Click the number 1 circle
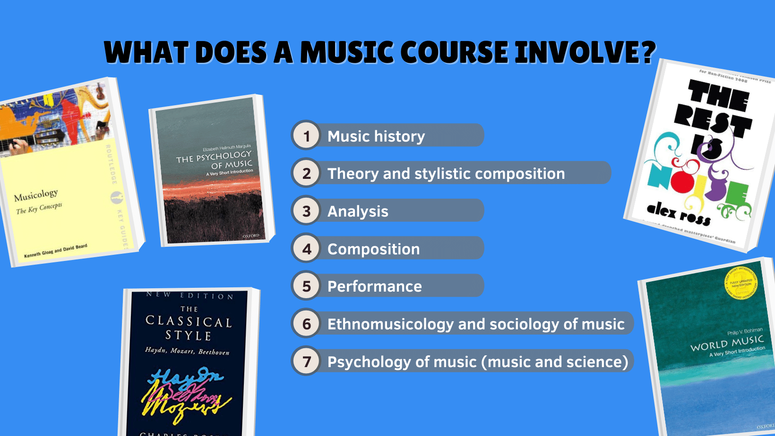pyautogui.click(x=306, y=136)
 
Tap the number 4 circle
pyautogui.click(x=306, y=249)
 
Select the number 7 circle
pyautogui.click(x=306, y=361)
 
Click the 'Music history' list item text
pyautogui.click(x=376, y=136)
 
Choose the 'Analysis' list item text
pyautogui.click(x=358, y=211)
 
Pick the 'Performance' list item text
pyautogui.click(x=374, y=286)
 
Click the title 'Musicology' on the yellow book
pyautogui.click(x=36, y=195)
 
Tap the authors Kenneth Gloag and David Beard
pyautogui.click(x=56, y=251)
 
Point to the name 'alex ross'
pyautogui.click(x=678, y=214)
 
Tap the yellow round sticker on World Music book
pyautogui.click(x=741, y=285)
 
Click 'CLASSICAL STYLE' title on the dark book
pyautogui.click(x=189, y=328)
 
